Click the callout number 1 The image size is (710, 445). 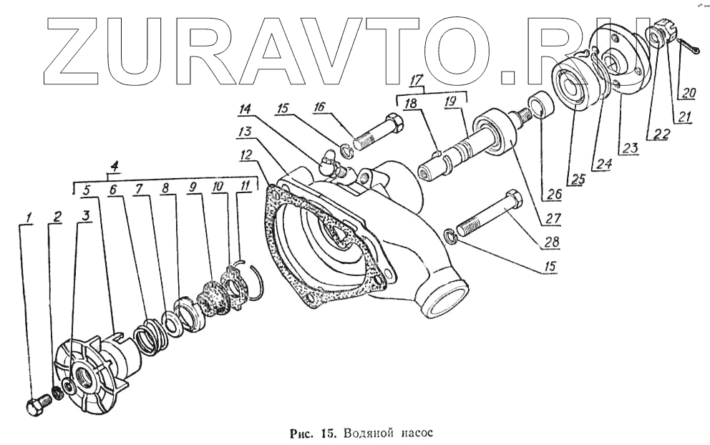tap(29, 217)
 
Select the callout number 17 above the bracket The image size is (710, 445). tap(416, 81)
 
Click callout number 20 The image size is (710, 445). tap(687, 93)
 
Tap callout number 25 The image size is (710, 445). tap(578, 180)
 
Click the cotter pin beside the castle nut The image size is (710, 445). tap(690, 47)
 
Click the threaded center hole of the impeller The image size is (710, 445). tap(86, 376)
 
